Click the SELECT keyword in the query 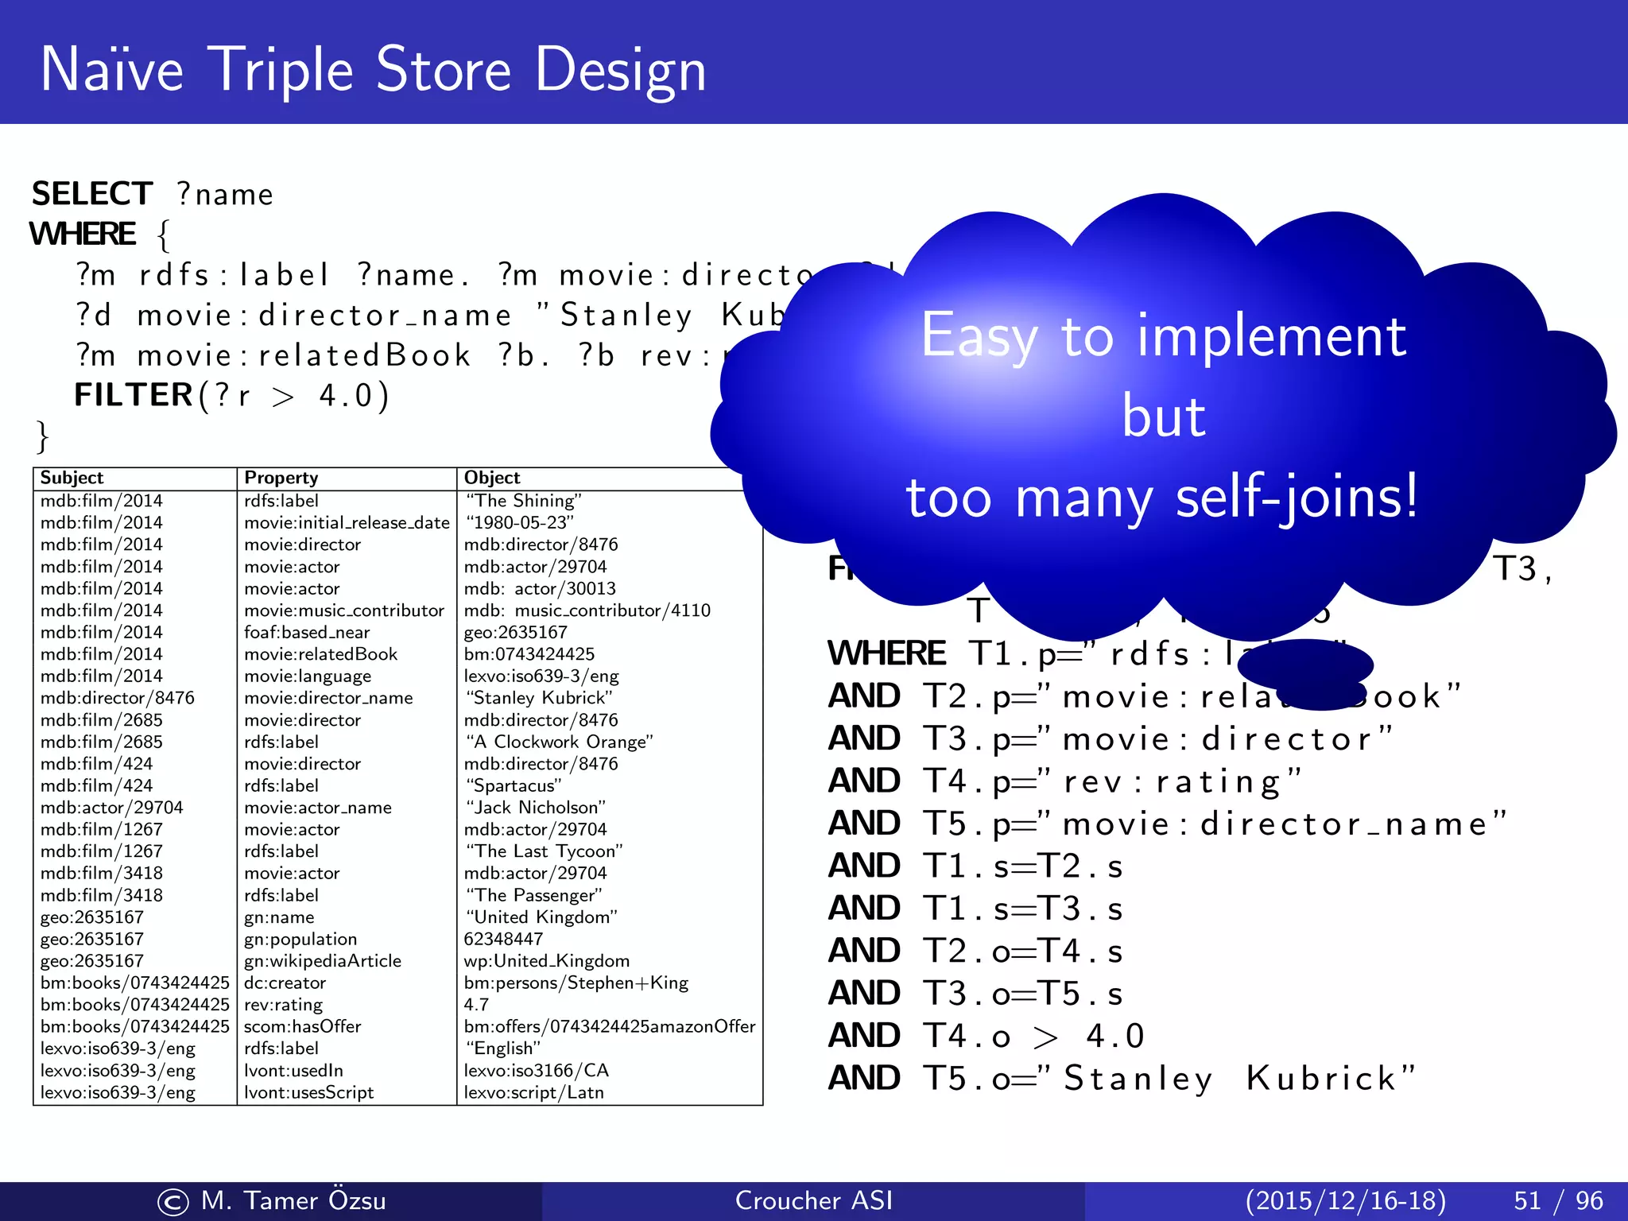click(x=91, y=194)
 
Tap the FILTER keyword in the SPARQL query click(x=134, y=395)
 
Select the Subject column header click(x=72, y=478)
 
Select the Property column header click(x=281, y=478)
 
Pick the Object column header click(x=491, y=478)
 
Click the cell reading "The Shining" click(x=523, y=501)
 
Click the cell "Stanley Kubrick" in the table click(x=538, y=698)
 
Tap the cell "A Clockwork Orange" click(x=558, y=742)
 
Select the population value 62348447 click(x=503, y=939)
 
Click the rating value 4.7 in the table click(x=476, y=1005)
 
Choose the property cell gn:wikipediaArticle click(x=322, y=961)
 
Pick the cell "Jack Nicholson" click(x=534, y=808)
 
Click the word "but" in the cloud click(x=1163, y=417)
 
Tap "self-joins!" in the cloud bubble click(x=1296, y=498)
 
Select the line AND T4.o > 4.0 click(x=986, y=1036)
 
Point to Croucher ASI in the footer click(x=813, y=1200)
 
